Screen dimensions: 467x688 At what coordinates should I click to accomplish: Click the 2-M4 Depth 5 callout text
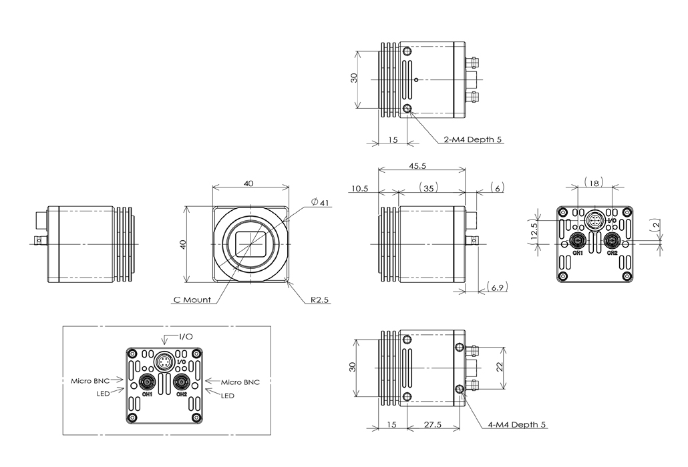coord(472,140)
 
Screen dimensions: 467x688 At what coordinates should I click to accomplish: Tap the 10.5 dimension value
coord(358,189)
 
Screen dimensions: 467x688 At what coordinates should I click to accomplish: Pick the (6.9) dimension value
coord(497,288)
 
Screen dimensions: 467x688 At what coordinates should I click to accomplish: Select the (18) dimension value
coord(594,181)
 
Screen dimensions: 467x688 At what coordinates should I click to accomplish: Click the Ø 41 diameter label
coord(321,202)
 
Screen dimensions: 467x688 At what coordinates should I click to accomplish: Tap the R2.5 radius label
coord(320,300)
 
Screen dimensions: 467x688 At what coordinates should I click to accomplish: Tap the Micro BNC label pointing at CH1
coord(90,382)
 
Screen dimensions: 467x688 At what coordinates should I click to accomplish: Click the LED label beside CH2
coord(228,396)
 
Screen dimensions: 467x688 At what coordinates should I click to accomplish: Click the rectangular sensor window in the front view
coord(251,244)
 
